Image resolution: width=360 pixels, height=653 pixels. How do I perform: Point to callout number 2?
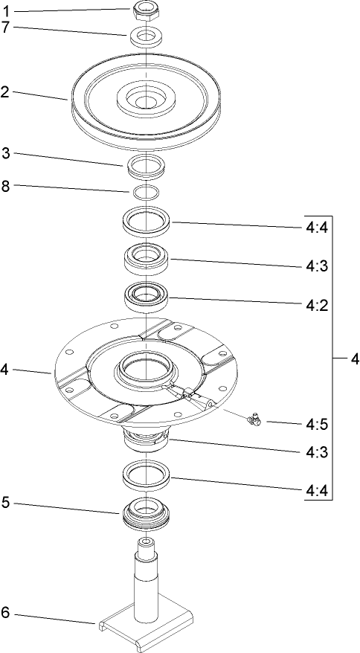5,92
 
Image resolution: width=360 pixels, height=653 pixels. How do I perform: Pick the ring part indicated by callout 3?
147,167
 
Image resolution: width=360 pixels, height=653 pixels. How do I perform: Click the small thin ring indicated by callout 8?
147,192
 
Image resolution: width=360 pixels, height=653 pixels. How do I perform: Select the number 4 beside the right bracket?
354,359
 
